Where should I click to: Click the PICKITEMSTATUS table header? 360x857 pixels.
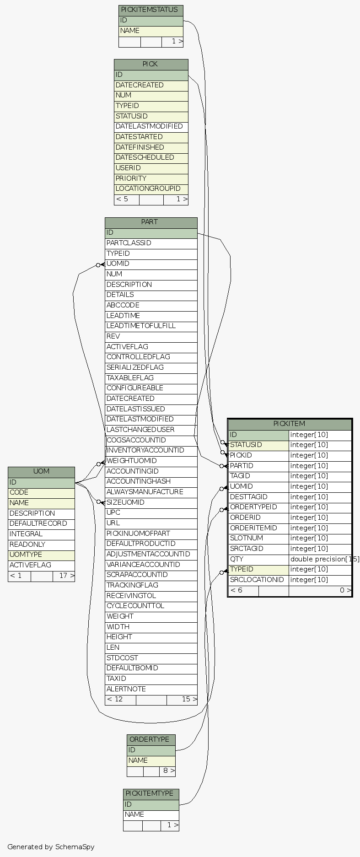(150, 10)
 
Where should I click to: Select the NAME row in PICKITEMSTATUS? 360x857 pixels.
(150, 31)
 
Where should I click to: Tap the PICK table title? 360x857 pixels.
(150, 65)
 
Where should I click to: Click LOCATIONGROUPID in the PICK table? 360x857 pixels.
(150, 189)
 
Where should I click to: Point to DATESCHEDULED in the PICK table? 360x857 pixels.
(150, 158)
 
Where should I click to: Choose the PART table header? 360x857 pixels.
(150, 222)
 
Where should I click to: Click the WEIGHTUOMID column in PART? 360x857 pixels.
(150, 461)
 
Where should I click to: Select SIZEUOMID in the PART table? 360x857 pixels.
(150, 502)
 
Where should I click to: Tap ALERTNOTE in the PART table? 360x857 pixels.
(150, 689)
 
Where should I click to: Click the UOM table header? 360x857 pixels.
(41, 472)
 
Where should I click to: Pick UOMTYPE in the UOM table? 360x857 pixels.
(41, 555)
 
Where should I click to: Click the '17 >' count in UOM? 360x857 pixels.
(64, 576)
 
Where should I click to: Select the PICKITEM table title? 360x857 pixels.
(290, 424)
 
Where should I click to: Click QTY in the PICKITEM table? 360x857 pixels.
(258, 559)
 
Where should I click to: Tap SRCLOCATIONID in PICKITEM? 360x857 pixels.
(258, 580)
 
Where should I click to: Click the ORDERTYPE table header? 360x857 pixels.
(151, 740)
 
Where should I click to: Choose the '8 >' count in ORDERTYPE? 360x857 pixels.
(167, 771)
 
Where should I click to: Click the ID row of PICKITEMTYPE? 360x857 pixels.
(151, 804)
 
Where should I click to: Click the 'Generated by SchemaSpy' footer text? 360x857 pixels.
(51, 847)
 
